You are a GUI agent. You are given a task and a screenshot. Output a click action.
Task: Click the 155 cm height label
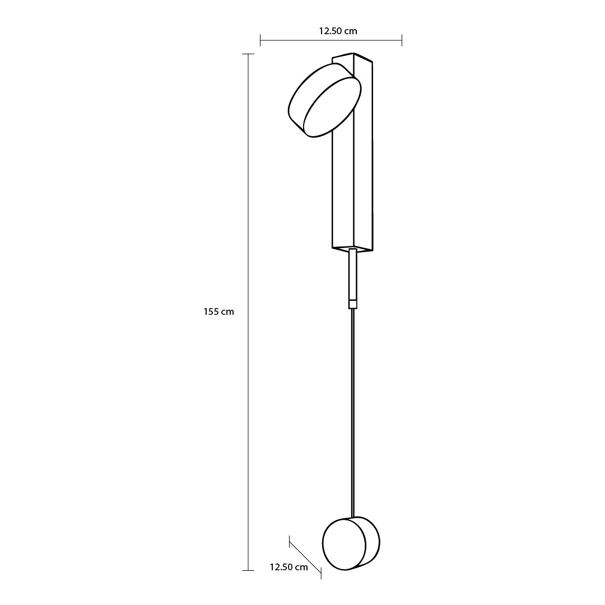[x=219, y=312]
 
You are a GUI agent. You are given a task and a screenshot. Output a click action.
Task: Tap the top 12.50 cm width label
[x=338, y=31]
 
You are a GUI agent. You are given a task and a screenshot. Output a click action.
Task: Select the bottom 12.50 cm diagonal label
[x=288, y=567]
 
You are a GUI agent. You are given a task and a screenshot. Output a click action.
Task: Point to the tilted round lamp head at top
[x=325, y=100]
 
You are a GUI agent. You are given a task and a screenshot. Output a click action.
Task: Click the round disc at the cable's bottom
[x=351, y=543]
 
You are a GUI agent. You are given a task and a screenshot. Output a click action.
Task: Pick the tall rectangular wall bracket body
[x=352, y=152]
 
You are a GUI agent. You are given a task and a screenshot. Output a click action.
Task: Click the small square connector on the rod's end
[x=353, y=304]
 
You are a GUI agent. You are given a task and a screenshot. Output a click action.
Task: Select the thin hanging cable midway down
[x=353, y=413]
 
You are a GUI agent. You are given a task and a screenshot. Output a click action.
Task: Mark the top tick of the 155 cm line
[x=248, y=54]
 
